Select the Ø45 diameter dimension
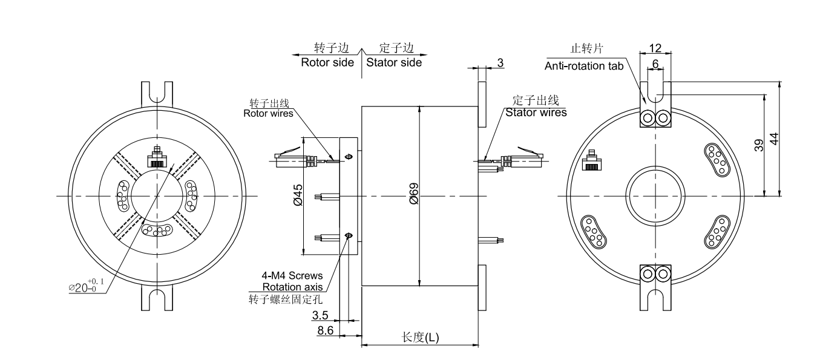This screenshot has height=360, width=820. (297, 197)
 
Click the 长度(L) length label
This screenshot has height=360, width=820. (421, 338)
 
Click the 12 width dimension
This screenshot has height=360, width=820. (655, 48)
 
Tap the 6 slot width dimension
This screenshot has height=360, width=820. (655, 62)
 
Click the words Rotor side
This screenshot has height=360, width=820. (327, 62)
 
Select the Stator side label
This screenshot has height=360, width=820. (394, 62)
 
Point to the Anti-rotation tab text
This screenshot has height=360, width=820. (584, 66)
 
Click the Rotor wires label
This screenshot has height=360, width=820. (268, 113)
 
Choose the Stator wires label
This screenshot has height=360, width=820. (536, 112)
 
